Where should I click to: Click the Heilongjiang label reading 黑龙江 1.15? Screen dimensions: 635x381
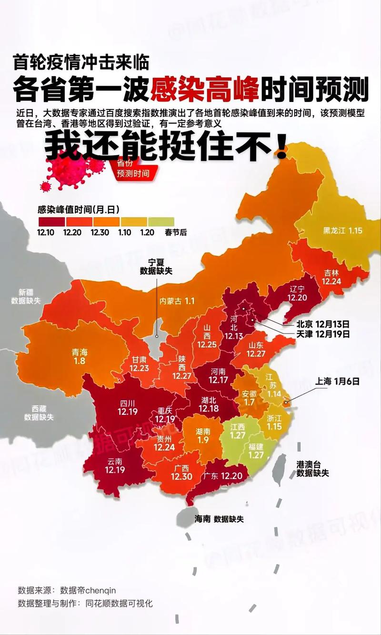(342, 231)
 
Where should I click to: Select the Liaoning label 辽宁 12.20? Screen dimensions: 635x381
(298, 293)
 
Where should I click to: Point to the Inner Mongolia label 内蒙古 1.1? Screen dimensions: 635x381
(177, 301)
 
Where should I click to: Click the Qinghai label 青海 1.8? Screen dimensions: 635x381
(80, 357)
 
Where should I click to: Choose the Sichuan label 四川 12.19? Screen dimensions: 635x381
(127, 407)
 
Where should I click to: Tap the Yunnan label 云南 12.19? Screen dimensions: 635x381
(114, 465)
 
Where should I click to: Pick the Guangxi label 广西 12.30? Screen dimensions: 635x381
(181, 472)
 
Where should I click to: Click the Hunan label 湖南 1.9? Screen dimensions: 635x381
(203, 436)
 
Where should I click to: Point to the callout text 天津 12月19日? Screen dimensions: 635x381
(323, 334)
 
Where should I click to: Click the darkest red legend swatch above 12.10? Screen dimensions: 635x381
(51, 222)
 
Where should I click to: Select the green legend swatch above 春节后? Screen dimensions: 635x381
(161, 222)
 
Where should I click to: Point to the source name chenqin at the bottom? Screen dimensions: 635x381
(99, 590)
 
